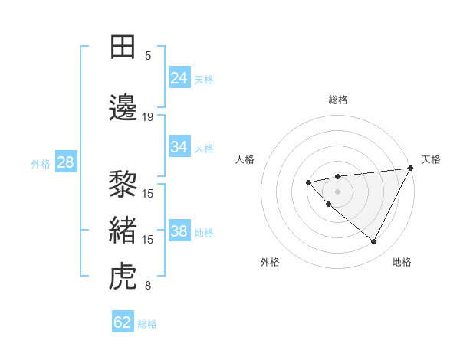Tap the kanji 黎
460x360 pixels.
click(x=123, y=185)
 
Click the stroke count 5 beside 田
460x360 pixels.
click(x=148, y=55)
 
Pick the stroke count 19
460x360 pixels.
click(x=148, y=116)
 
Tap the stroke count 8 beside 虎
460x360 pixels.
click(x=148, y=286)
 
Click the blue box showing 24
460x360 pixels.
click(x=179, y=78)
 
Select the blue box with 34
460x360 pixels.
click(x=179, y=147)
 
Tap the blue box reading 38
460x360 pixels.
click(x=179, y=231)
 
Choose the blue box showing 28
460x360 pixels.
click(x=65, y=162)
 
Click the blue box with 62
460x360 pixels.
click(x=123, y=322)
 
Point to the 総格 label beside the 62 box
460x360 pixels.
click(x=148, y=324)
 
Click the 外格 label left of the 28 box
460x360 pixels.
click(x=41, y=163)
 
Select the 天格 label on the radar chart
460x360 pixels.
click(x=432, y=159)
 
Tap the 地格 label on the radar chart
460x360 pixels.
click(x=402, y=262)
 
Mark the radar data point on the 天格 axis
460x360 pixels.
click(x=410, y=168)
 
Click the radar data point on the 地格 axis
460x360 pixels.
click(x=373, y=242)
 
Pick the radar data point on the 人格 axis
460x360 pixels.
click(x=308, y=182)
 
